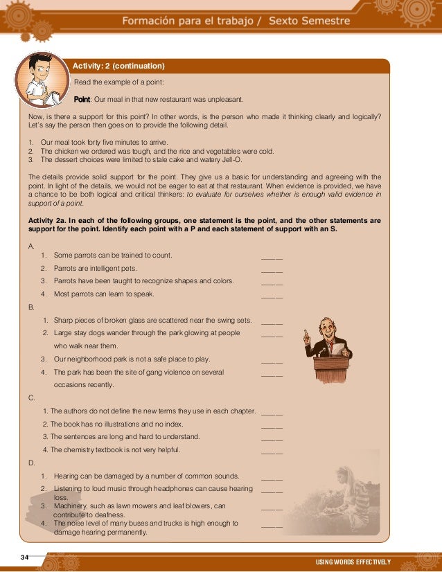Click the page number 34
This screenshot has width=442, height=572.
click(x=25, y=557)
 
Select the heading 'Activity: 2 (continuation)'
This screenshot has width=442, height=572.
click(x=118, y=66)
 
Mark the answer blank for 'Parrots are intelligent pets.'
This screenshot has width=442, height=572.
click(x=272, y=269)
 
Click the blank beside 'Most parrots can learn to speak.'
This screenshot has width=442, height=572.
click(x=272, y=295)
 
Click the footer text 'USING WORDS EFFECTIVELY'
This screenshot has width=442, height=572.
click(x=353, y=562)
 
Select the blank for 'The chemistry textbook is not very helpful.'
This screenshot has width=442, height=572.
click(x=272, y=451)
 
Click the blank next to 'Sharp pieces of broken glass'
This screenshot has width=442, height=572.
click(x=272, y=321)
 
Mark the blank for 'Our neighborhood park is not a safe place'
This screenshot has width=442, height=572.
click(x=272, y=360)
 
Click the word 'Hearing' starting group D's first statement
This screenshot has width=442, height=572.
click(x=68, y=476)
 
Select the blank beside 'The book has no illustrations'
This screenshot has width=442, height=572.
click(x=272, y=425)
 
